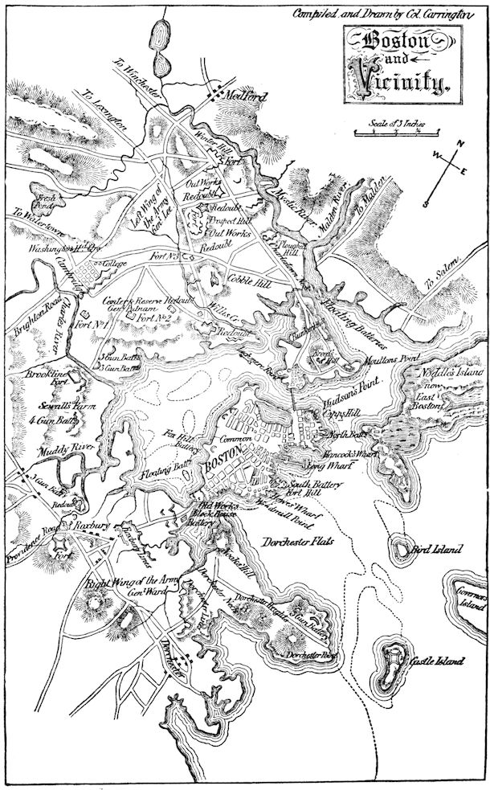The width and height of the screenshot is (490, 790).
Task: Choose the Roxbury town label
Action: coord(93,524)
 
